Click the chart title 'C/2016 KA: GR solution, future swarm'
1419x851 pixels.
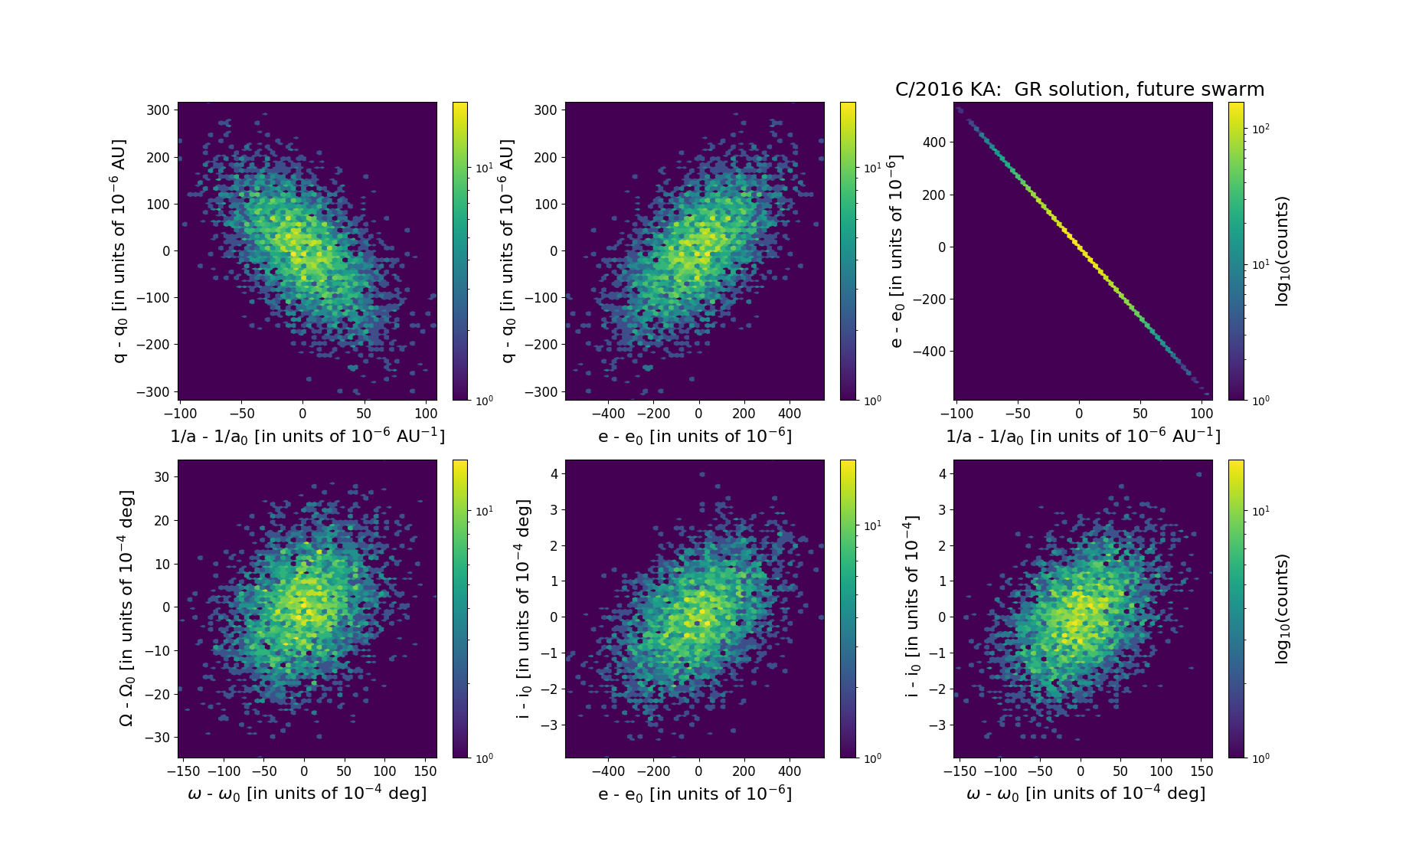tap(1079, 90)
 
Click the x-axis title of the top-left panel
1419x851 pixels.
tap(307, 436)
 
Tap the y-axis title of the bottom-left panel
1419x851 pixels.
tap(126, 608)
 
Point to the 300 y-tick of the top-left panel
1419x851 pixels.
tap(158, 110)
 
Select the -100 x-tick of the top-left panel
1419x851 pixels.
tap(180, 414)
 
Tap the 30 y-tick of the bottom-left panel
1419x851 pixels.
tap(162, 476)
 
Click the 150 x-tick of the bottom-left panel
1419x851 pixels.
tap(424, 771)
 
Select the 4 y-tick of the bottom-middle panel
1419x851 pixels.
tap(554, 473)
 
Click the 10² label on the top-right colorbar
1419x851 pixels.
tap(1260, 129)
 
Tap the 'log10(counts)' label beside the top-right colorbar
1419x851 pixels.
tap(1283, 251)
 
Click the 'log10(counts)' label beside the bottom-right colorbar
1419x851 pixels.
tap(1283, 609)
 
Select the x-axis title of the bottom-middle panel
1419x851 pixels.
tap(695, 794)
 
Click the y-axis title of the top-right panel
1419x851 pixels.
tap(897, 251)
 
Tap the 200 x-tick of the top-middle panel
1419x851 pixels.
tap(744, 414)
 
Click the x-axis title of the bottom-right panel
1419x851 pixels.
tap(1085, 794)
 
